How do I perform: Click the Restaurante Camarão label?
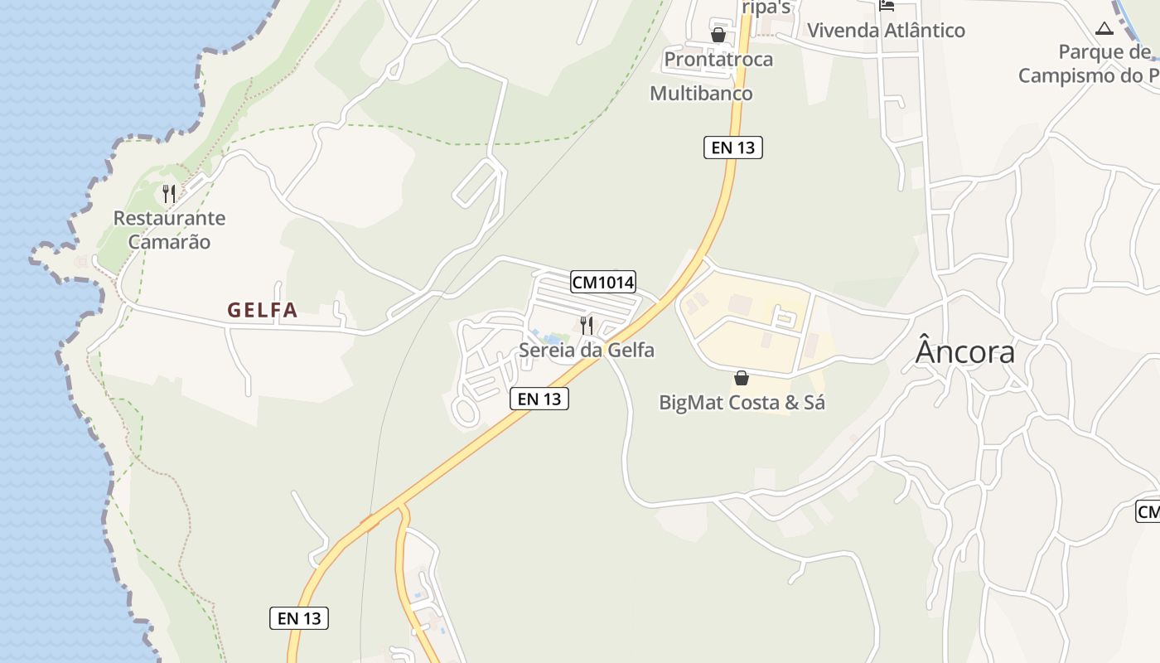pyautogui.click(x=169, y=230)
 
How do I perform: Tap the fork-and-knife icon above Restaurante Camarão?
pyautogui.click(x=169, y=194)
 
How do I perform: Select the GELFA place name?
pyautogui.click(x=263, y=310)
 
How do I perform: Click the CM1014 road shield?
pyautogui.click(x=603, y=282)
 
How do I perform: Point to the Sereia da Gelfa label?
pyautogui.click(x=587, y=350)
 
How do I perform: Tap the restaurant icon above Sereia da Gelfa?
pyautogui.click(x=587, y=325)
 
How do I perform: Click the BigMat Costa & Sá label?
pyautogui.click(x=742, y=403)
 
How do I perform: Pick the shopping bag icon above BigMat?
pyautogui.click(x=742, y=378)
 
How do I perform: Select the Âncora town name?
pyautogui.click(x=965, y=352)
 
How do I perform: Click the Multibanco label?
pyautogui.click(x=701, y=93)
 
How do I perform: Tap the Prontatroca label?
pyautogui.click(x=718, y=59)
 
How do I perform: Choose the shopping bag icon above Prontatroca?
pyautogui.click(x=718, y=35)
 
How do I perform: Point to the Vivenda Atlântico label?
pyautogui.click(x=886, y=31)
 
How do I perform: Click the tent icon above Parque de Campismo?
pyautogui.click(x=1104, y=29)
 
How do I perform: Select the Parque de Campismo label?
pyautogui.click(x=1088, y=64)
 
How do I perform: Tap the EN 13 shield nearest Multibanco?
pyautogui.click(x=733, y=148)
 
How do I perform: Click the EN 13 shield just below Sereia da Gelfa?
pyautogui.click(x=539, y=399)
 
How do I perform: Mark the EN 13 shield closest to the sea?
pyautogui.click(x=299, y=617)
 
